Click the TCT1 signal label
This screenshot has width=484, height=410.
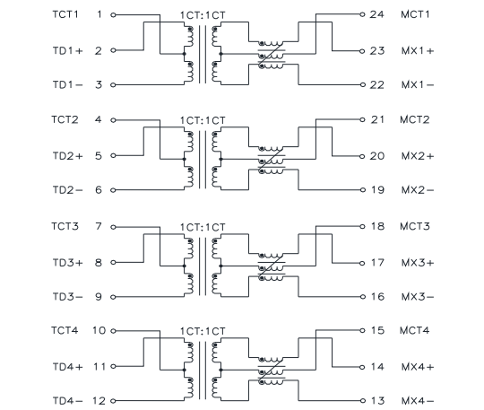click(65, 14)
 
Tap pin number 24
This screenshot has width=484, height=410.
click(376, 14)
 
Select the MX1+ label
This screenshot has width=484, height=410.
click(418, 50)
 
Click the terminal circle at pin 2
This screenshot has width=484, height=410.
click(113, 50)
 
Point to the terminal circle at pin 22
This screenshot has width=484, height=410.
click(362, 84)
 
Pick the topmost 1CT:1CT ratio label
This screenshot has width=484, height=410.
click(203, 15)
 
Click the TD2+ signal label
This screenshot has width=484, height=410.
click(68, 156)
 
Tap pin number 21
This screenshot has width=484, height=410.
click(377, 119)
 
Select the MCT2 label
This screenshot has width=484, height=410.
click(415, 119)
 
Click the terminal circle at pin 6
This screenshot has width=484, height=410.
click(113, 190)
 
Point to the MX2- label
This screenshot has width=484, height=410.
click(418, 190)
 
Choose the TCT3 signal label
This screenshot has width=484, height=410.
click(65, 226)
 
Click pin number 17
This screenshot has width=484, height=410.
click(377, 263)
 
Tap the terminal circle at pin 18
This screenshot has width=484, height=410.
click(362, 226)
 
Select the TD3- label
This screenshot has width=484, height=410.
click(68, 297)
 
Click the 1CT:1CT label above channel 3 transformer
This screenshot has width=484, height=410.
click(203, 227)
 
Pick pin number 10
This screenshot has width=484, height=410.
click(99, 330)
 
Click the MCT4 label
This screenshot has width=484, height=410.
click(415, 330)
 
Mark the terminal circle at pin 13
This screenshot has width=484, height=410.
click(362, 401)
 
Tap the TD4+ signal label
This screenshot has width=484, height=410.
click(68, 367)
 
